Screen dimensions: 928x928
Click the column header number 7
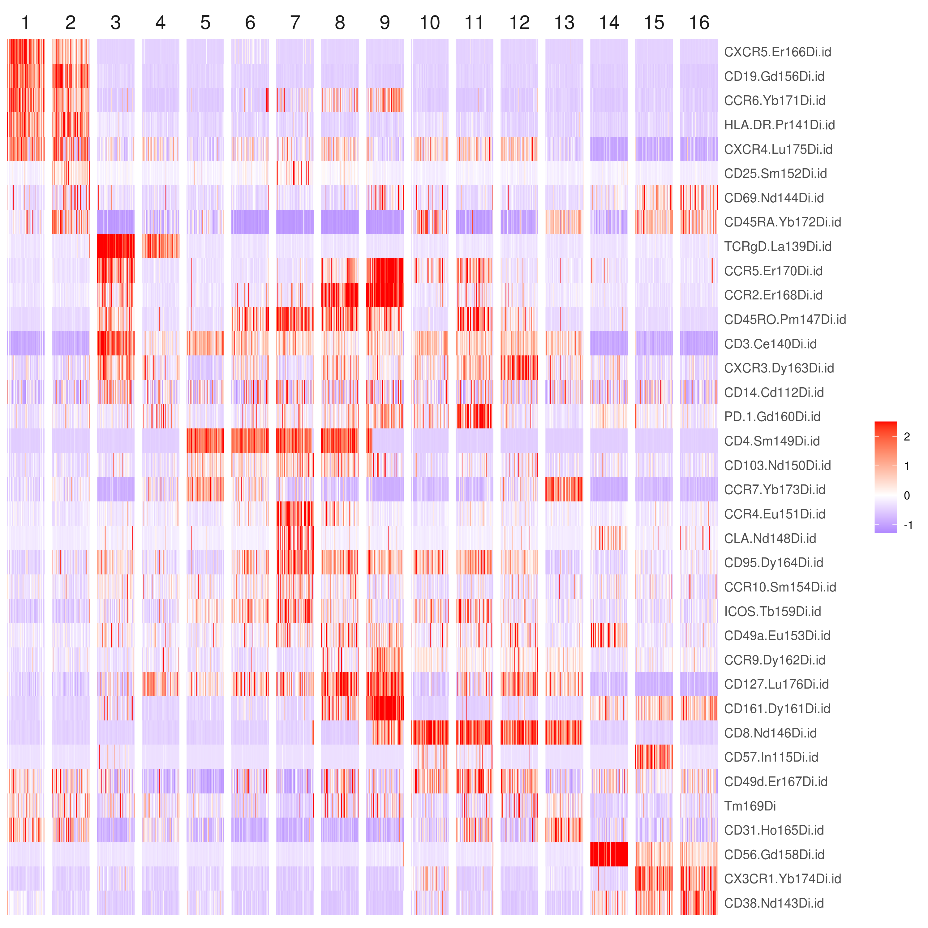tap(295, 23)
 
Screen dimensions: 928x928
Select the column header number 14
tap(609, 23)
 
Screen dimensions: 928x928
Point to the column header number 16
tap(699, 23)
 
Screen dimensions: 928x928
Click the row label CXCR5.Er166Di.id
tap(777, 52)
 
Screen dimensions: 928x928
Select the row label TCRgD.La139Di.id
tap(778, 247)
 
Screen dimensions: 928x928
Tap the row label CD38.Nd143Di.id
tap(774, 903)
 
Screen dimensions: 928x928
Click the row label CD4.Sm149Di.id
tap(772, 441)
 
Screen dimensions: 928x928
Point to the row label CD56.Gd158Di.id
tap(774, 854)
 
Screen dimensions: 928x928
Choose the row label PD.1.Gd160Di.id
tap(772, 416)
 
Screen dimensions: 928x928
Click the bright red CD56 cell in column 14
tap(609, 854)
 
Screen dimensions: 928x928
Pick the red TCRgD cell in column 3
tap(115, 247)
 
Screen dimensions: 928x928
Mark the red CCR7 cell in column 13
tap(564, 489)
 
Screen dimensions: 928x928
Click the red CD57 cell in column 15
tap(654, 757)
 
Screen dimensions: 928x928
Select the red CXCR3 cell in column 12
tap(519, 368)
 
